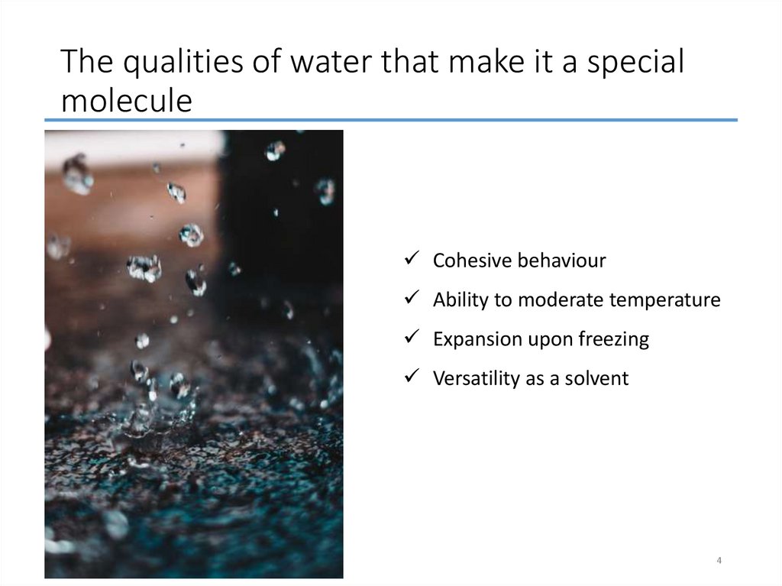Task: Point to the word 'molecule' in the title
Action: point(126,100)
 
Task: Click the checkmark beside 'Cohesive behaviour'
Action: point(410,260)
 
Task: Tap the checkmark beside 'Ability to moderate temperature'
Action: point(410,299)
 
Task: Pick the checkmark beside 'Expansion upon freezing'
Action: point(410,338)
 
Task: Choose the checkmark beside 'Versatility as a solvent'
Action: point(410,377)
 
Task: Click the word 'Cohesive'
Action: point(472,261)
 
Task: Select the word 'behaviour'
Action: point(561,261)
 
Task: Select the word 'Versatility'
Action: point(476,378)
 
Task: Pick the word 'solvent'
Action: point(597,378)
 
